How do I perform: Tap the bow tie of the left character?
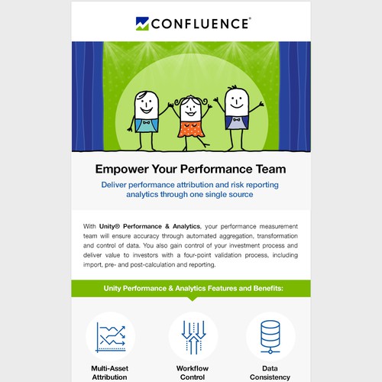[x=145, y=120]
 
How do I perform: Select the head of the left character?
[x=146, y=102]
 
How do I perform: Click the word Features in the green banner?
[x=211, y=288]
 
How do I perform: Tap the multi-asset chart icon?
[x=110, y=336]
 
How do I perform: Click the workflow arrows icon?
[x=191, y=336]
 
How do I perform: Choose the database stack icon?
[x=271, y=336]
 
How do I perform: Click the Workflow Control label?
[x=191, y=373]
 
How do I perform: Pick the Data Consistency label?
[x=271, y=373]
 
